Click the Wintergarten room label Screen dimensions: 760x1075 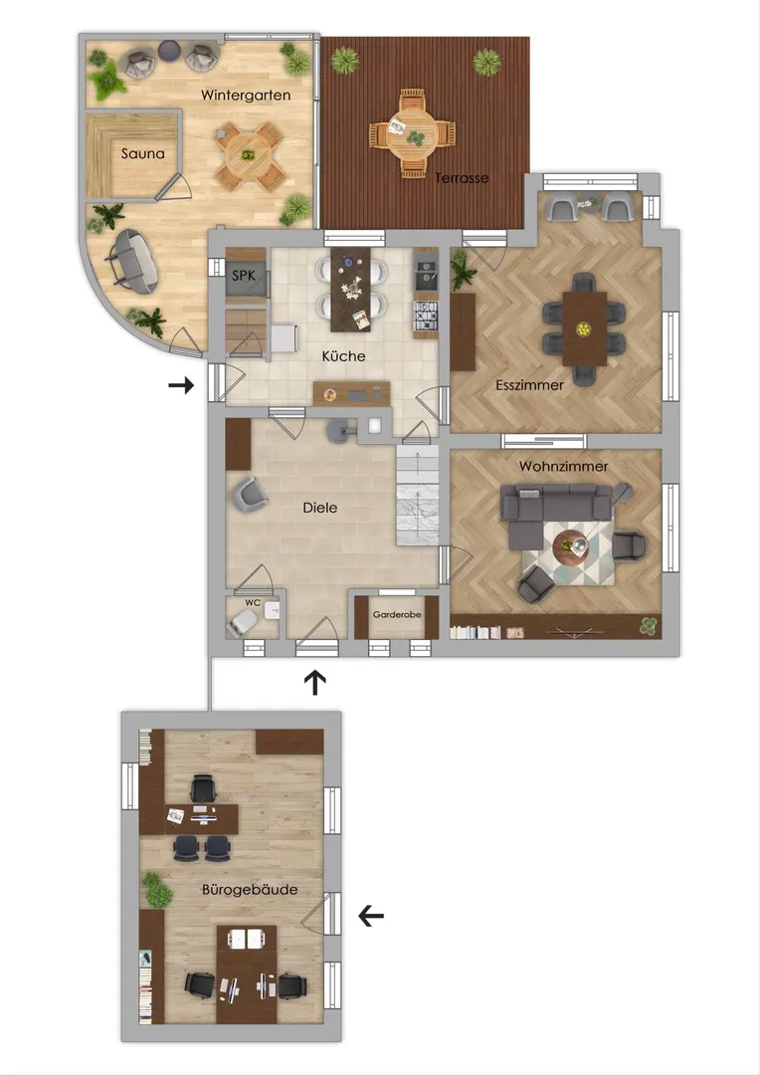[x=246, y=96]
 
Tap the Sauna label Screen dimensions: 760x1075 [x=142, y=153]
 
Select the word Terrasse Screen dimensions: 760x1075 [x=462, y=178]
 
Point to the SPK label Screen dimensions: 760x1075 [x=244, y=276]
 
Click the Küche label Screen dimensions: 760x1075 [x=343, y=355]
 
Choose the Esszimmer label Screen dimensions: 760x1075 [x=530, y=384]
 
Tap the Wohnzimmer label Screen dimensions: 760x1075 [x=563, y=466]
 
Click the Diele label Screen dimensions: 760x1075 [x=320, y=508]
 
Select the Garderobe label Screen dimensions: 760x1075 [x=397, y=615]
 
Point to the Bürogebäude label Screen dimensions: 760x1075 [x=250, y=890]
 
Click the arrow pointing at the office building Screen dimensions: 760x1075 [x=371, y=916]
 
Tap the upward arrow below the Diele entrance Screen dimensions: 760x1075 [x=315, y=682]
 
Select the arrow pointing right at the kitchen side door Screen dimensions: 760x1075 [x=182, y=385]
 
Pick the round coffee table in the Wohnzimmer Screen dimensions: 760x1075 [x=571, y=547]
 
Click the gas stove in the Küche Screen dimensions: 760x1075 [x=425, y=317]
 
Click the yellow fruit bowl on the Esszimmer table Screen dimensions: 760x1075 [x=583, y=329]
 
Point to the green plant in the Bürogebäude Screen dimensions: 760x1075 [x=156, y=890]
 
